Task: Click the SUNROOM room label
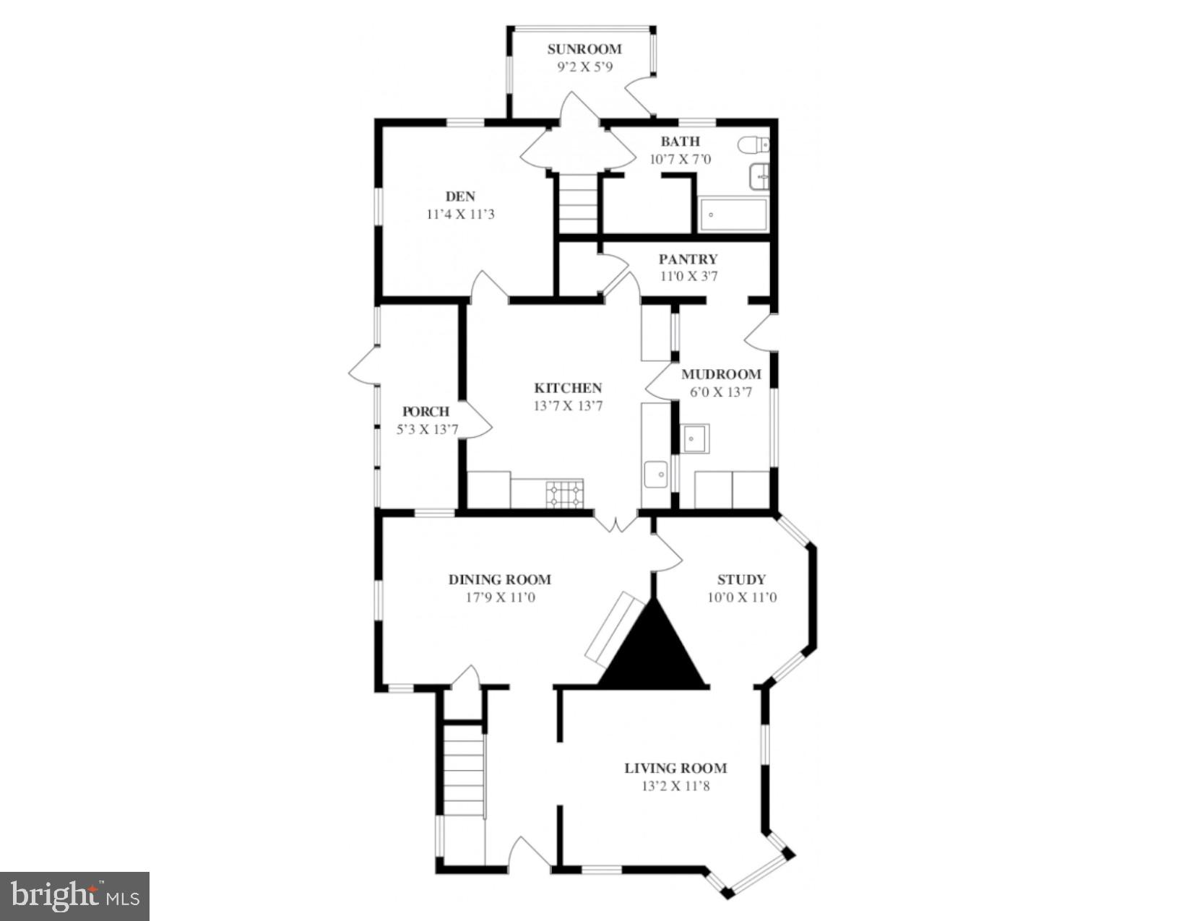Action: [584, 49]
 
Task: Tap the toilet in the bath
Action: [753, 145]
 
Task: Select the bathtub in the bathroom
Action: [733, 215]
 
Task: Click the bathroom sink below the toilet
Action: [759, 176]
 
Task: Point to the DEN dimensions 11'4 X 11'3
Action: [460, 215]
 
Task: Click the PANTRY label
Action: [688, 259]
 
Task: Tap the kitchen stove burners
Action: [564, 493]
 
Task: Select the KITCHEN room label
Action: [568, 388]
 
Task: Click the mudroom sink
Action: [695, 438]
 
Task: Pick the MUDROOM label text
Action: [721, 374]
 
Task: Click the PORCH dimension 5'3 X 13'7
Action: [426, 430]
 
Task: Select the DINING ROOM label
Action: [499, 579]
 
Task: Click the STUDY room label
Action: [741, 579]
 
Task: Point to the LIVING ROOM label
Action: [675, 768]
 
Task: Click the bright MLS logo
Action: [74, 896]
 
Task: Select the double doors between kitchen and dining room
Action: [616, 522]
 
